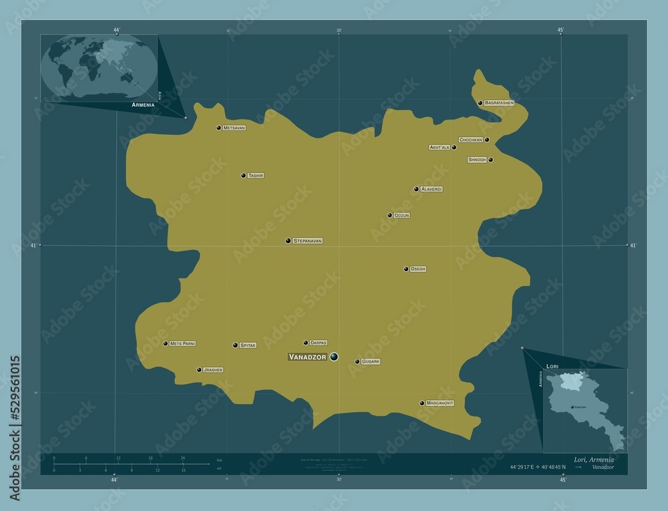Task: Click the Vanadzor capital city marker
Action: click(333, 357)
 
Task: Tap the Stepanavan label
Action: click(308, 240)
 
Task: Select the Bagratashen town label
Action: click(500, 103)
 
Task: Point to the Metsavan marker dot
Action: click(218, 128)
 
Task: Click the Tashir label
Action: click(256, 176)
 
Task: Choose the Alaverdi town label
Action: click(432, 189)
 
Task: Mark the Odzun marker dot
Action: click(389, 215)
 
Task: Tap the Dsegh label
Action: click(418, 269)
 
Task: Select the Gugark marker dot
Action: click(357, 361)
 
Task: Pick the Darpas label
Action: click(318, 343)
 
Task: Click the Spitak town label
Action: click(248, 345)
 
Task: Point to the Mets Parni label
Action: click(183, 343)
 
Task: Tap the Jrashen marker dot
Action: click(199, 369)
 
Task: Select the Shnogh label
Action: click(477, 160)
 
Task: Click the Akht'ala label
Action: click(440, 147)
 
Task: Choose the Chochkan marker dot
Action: click(487, 140)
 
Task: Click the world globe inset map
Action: click(98, 67)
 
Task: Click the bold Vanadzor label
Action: click(307, 357)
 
